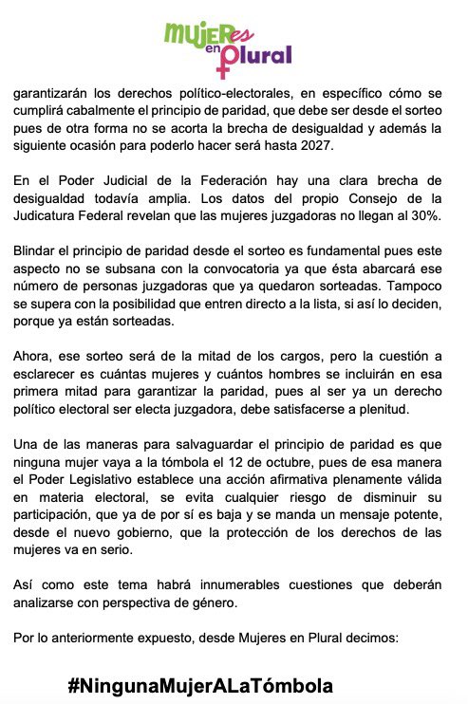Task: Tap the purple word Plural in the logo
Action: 257,56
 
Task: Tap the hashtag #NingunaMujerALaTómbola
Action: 200,684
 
